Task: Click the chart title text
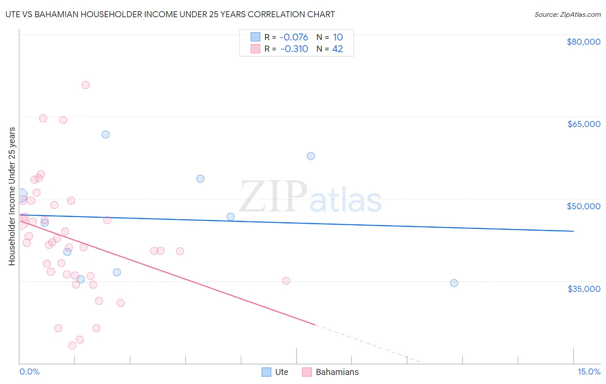170,14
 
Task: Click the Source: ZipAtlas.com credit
567,15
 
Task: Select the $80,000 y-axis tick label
583,42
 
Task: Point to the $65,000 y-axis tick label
583,124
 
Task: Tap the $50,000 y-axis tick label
583,206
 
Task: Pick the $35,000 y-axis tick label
583,289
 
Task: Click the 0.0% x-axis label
29,372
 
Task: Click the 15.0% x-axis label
589,372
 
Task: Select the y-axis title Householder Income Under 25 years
12,196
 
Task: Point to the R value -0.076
294,37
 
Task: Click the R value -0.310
294,49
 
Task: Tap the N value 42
337,49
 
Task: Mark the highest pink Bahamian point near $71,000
86,85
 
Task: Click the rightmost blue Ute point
454,283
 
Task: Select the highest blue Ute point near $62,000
106,135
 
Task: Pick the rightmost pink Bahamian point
286,281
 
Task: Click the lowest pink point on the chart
72,346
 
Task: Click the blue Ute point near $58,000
311,156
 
